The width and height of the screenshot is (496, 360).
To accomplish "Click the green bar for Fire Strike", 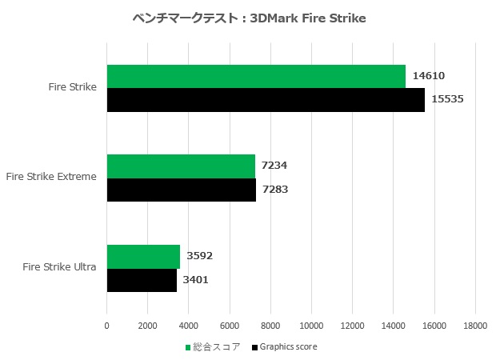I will pos(256,76).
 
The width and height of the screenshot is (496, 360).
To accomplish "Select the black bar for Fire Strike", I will pos(266,99).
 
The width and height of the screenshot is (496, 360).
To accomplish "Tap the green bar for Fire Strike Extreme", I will pos(181,166).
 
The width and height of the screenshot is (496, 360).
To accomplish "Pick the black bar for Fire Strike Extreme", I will pos(182,190).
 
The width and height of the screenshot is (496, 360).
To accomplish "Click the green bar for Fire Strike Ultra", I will pos(143,256).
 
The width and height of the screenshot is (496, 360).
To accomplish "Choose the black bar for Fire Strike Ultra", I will pos(142,280).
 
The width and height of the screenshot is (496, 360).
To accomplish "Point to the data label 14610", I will pos(428,76).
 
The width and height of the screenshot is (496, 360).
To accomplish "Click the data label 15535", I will pos(447,99).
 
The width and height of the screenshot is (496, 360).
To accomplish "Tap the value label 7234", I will pos(274,166).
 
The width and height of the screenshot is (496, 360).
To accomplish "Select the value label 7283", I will pos(275,190).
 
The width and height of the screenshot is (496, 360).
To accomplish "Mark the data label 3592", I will pos(199,256).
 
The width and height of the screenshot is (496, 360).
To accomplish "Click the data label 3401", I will pos(198,280).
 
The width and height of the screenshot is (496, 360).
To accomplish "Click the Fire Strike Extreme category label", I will pos(51,177).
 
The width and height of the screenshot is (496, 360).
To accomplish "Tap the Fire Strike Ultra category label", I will pos(60,267).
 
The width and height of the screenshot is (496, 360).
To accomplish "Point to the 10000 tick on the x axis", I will pos(311,326).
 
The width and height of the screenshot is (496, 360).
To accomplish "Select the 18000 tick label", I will pos(475,326).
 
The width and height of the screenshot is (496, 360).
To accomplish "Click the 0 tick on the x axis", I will pos(107,326).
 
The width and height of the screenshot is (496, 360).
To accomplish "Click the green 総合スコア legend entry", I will pos(214,347).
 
